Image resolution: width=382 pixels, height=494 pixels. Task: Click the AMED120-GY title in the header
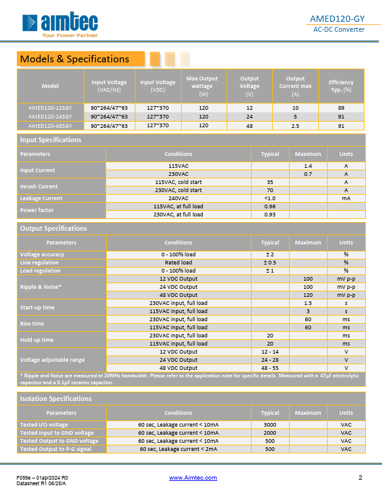point(338,18)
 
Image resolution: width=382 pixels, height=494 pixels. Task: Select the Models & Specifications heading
point(74,59)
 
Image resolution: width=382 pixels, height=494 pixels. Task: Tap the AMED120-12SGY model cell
point(50,107)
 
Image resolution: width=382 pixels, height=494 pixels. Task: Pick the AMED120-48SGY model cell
point(50,125)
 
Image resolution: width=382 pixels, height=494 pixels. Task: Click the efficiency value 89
point(341,107)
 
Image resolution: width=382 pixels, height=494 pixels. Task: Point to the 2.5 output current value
point(295,125)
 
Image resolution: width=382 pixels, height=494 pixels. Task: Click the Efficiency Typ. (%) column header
point(341,86)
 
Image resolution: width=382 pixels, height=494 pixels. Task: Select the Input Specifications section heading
point(51,140)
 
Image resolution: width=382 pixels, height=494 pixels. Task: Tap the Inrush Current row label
point(38,186)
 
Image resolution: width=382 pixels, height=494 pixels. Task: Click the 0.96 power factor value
point(270,206)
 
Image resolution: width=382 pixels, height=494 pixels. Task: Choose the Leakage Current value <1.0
point(270,198)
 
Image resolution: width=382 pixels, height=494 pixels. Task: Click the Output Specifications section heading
point(53,228)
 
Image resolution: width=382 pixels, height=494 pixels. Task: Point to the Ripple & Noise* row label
point(41,287)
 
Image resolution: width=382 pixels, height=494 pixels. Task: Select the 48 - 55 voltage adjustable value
point(270,367)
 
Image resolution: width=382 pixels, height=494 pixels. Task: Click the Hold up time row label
point(37,339)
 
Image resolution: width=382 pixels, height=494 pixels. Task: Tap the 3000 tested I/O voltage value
point(270,424)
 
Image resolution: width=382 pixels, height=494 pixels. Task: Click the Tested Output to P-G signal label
point(55,448)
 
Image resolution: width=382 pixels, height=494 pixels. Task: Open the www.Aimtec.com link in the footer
point(193,478)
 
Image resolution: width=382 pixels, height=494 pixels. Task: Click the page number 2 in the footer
point(360,478)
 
